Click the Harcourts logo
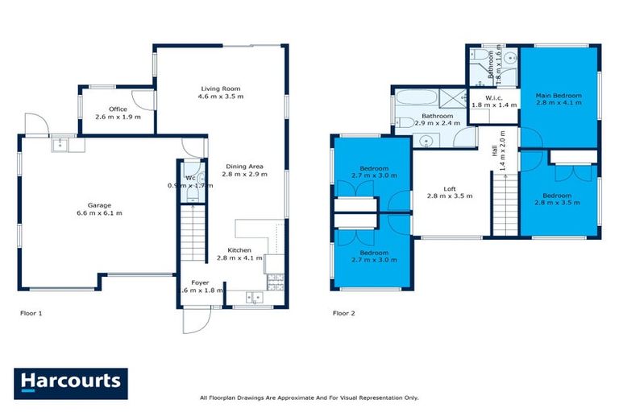[70, 381]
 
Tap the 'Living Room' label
[220, 89]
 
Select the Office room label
[118, 109]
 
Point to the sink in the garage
[60, 145]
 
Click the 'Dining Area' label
[243, 167]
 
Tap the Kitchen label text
[239, 249]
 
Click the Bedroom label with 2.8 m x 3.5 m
[558, 195]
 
